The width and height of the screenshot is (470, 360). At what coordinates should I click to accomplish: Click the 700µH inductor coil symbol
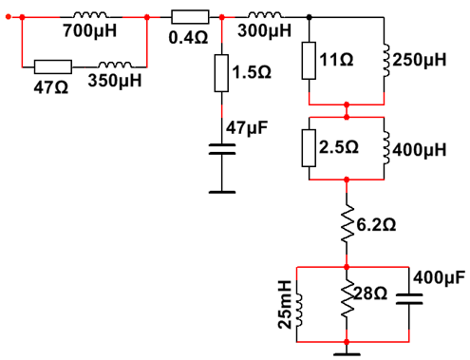coord(90,14)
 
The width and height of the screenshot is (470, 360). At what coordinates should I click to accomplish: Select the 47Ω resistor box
coord(53,66)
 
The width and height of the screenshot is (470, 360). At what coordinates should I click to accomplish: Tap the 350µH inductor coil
coord(115,65)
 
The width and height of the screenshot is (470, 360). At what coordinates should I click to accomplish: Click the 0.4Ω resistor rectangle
coord(190,17)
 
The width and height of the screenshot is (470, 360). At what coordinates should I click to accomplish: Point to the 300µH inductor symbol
coord(265,14)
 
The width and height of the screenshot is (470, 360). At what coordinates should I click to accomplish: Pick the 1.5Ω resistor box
coord(221,73)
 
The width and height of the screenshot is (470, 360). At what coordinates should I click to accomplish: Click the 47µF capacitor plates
coord(222,149)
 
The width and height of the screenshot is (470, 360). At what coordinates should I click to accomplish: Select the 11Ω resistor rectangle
coord(309,61)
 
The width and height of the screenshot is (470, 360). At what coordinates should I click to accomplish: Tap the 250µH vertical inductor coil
coord(386,61)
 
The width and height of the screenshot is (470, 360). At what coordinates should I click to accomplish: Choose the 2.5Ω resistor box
coord(309,148)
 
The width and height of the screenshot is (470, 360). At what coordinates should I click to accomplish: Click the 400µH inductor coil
coord(386,148)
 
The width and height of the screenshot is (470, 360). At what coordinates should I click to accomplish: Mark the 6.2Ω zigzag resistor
coord(347,223)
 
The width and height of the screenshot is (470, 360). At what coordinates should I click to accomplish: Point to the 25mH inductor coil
coord(299,311)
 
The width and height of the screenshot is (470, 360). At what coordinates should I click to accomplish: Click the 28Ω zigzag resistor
coord(347,298)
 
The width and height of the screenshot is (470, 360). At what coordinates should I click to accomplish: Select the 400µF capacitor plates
coord(409,299)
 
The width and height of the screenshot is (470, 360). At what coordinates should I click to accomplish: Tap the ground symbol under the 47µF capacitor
coord(222,192)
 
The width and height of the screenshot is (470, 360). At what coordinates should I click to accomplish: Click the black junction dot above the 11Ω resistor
coord(310,17)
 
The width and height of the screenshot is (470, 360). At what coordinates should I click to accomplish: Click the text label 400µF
coord(439,278)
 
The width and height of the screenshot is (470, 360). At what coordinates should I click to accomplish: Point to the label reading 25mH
coord(285,304)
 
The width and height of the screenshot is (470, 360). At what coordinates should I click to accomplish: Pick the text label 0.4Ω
coord(188,38)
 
